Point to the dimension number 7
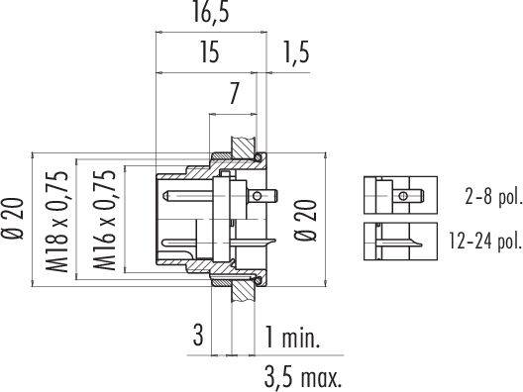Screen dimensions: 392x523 point(234,96)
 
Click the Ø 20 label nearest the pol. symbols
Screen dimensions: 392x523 point(305,220)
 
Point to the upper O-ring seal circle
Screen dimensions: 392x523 point(259,157)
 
